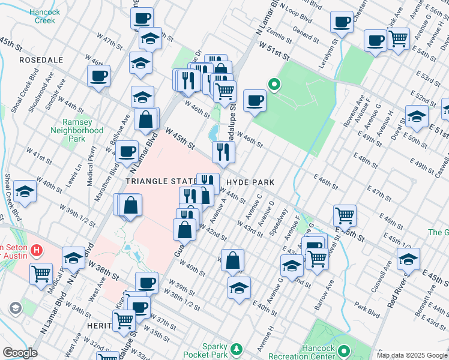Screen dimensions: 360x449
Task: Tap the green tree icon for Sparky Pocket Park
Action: click(x=237, y=348)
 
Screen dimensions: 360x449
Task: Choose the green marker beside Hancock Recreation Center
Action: click(x=344, y=350)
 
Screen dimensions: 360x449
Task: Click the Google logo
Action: click(x=20, y=353)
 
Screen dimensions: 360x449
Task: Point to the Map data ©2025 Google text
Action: click(x=412, y=355)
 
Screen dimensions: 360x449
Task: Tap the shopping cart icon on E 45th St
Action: click(x=345, y=214)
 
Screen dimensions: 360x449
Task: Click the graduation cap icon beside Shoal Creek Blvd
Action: click(x=25, y=191)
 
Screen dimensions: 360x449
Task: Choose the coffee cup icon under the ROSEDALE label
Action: click(x=98, y=76)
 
